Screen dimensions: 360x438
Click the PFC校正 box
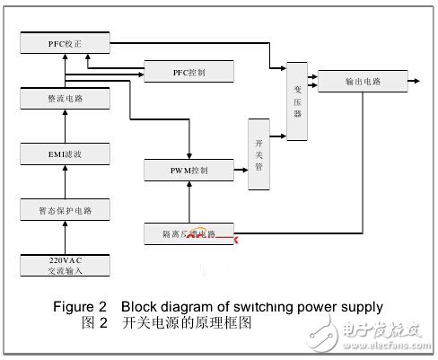point(65,42)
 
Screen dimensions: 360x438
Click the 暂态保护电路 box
point(65,211)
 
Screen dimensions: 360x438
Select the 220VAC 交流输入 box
point(65,266)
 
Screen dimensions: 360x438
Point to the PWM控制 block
point(188,170)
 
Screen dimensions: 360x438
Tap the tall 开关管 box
point(258,154)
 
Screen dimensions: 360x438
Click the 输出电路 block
point(362,82)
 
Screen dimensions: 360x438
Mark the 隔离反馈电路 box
point(188,233)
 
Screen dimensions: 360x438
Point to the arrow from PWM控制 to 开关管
point(240,170)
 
